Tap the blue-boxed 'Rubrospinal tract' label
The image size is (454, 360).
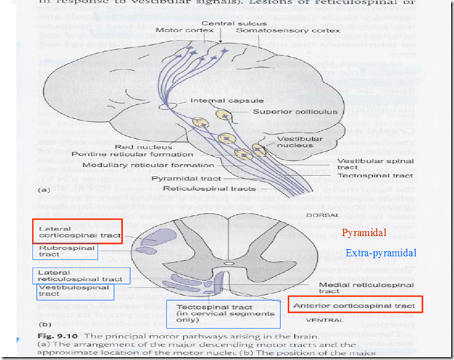pyautogui.click(x=67, y=252)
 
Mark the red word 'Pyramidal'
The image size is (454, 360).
pyautogui.click(x=364, y=233)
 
